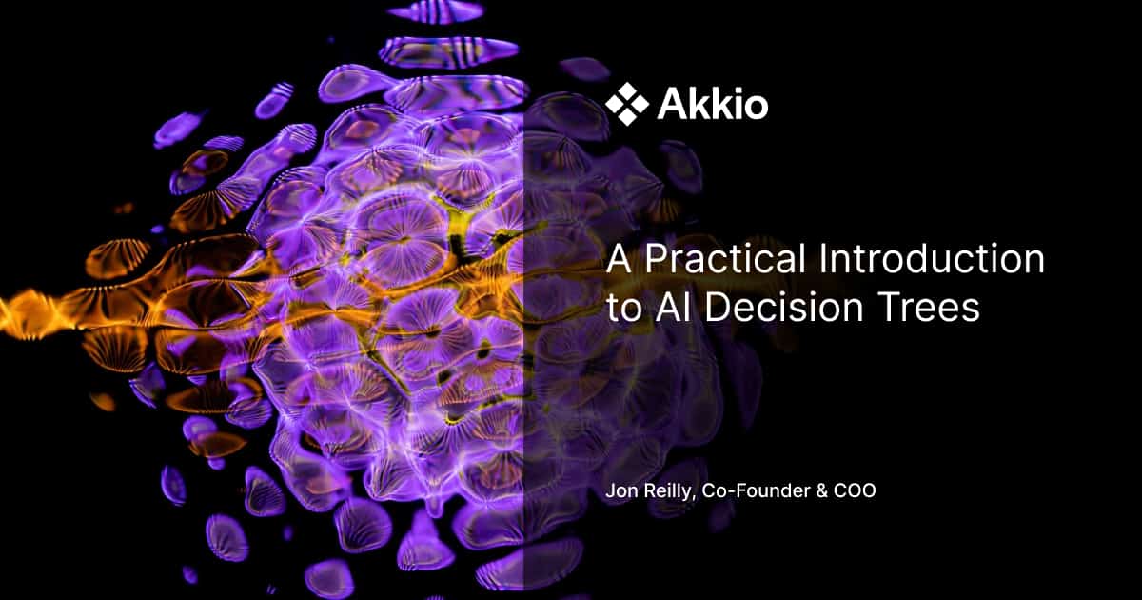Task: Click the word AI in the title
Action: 667,309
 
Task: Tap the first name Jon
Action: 621,493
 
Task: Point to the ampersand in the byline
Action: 812,493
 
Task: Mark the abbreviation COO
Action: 848,493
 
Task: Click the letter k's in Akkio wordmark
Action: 709,105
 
